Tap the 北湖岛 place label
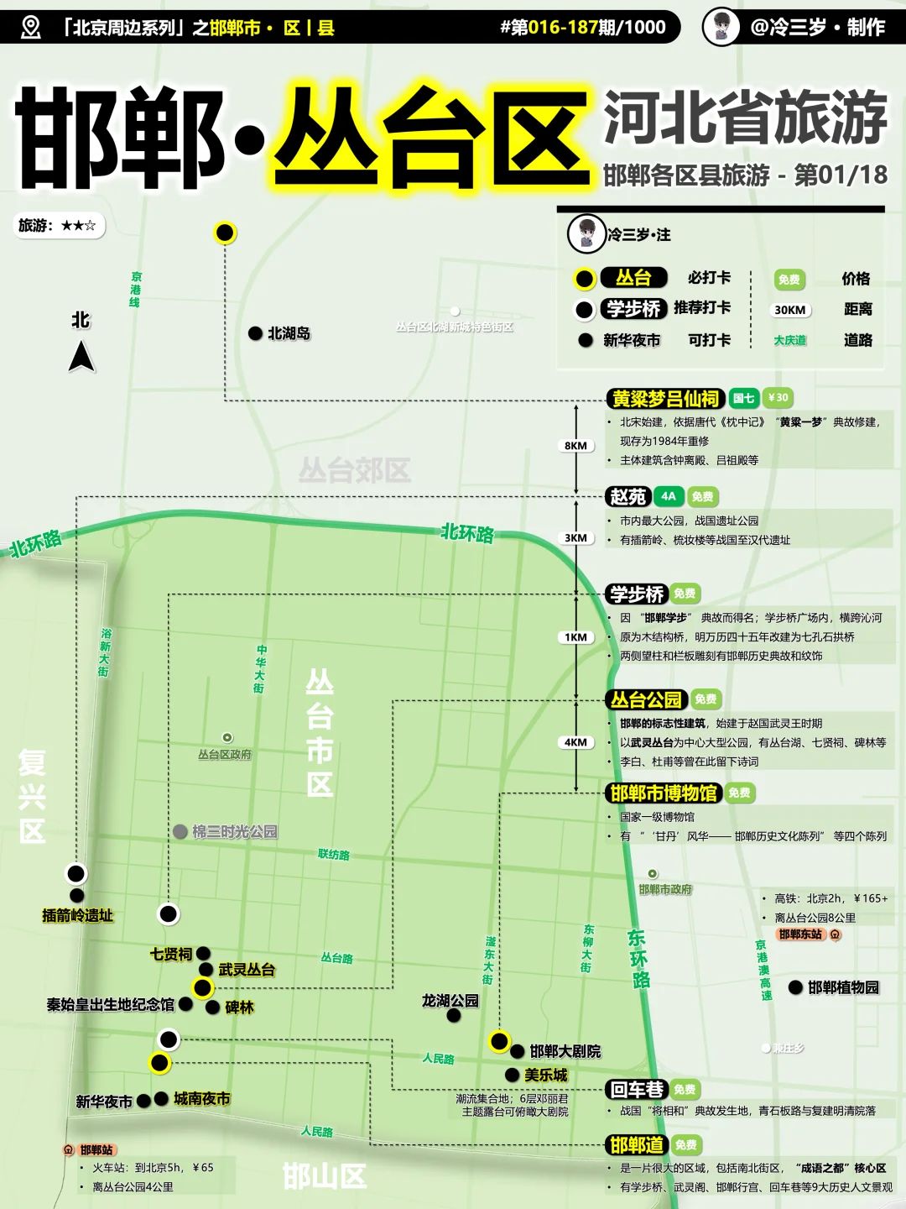[x=289, y=333]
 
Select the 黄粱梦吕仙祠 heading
[x=664, y=398]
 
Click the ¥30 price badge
[x=778, y=398]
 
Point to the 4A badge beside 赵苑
[x=668, y=496]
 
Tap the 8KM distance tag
[x=575, y=446]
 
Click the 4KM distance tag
[x=575, y=742]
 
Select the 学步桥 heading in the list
[x=637, y=594]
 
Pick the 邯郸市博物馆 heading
[x=663, y=793]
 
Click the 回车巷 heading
[x=637, y=1090]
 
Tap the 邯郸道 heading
[x=637, y=1145]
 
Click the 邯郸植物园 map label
[x=843, y=987]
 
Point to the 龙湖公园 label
[x=450, y=1001]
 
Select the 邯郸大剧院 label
[x=565, y=1051]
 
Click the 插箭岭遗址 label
[x=77, y=915]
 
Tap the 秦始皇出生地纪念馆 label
[x=111, y=1004]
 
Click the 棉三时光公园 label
[x=234, y=831]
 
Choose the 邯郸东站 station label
[x=800, y=934]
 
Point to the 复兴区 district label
[x=32, y=797]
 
